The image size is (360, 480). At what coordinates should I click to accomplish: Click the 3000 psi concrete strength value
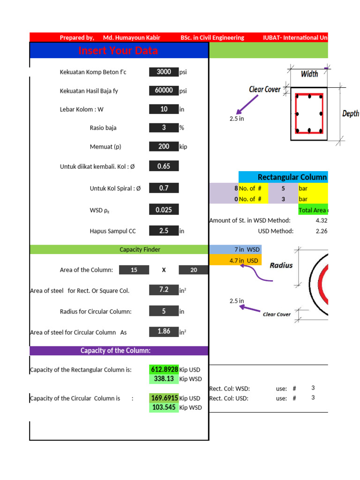164,72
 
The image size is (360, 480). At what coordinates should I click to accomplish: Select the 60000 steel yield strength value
164,90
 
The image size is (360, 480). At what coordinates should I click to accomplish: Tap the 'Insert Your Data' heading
118,51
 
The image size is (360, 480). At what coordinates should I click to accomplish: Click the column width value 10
164,109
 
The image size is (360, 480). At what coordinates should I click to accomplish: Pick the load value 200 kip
164,146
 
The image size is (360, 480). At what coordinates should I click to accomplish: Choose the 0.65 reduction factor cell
164,166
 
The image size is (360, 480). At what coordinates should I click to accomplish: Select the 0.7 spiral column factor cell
164,188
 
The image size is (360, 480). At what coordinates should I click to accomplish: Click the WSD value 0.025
164,210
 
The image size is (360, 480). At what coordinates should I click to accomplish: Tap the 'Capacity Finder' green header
140,249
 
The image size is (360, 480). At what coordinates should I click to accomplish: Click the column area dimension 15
134,270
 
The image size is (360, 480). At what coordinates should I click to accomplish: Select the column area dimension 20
194,270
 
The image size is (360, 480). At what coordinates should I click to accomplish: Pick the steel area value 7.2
164,290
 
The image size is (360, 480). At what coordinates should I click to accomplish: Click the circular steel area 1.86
164,331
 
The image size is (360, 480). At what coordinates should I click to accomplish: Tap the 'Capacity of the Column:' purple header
115,351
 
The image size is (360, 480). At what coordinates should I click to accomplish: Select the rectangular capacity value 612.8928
164,369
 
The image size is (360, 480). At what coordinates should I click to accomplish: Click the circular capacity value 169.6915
164,398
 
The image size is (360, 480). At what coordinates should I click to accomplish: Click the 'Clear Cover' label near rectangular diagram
265,89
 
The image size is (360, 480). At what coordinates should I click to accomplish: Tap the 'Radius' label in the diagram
281,265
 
